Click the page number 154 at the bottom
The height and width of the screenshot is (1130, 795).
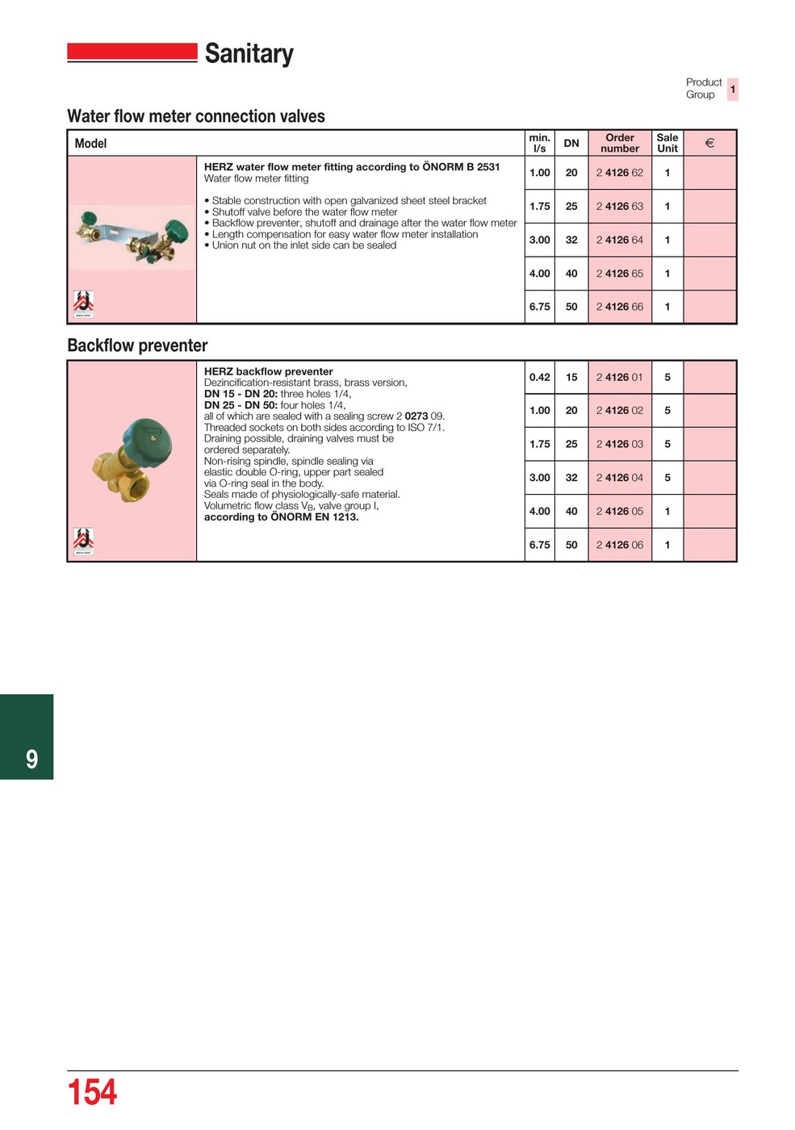[x=92, y=1092]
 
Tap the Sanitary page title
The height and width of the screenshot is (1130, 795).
[x=249, y=53]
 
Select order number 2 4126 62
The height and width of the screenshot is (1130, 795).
[x=619, y=173]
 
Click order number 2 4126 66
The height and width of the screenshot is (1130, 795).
[x=619, y=307]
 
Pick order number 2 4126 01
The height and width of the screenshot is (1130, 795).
[x=619, y=377]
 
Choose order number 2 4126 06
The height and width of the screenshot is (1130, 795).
[x=619, y=545]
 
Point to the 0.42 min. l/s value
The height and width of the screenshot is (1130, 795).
[x=539, y=377]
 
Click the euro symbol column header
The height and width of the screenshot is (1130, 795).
[x=709, y=143]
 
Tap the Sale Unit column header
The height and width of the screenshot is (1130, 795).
[x=667, y=143]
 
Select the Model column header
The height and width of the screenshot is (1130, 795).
[x=90, y=144]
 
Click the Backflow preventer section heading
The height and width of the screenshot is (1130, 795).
[x=137, y=345]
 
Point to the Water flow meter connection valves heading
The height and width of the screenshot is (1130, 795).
[x=196, y=116]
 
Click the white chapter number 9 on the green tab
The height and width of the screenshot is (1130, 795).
[x=31, y=759]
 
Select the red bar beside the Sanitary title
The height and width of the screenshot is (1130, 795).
[x=132, y=52]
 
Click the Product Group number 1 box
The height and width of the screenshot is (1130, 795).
[x=732, y=89]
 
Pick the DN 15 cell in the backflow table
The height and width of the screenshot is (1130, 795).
[x=571, y=377]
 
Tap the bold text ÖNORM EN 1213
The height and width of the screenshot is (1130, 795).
[x=314, y=517]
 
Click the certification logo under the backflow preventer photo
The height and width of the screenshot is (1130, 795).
[x=84, y=541]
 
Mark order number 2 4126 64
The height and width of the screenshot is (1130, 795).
[x=619, y=240]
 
